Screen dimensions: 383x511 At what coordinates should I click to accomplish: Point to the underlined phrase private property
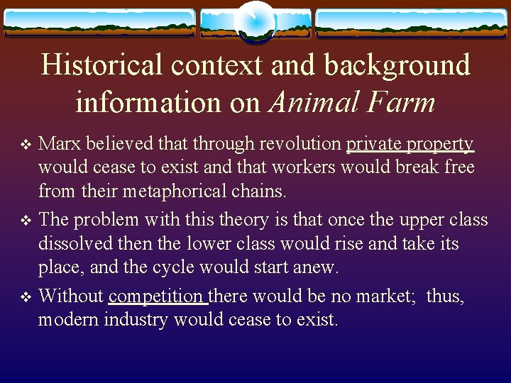pos(410,144)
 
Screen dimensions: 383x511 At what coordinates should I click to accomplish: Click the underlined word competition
pos(157,296)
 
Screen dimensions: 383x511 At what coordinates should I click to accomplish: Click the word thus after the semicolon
pos(444,296)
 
